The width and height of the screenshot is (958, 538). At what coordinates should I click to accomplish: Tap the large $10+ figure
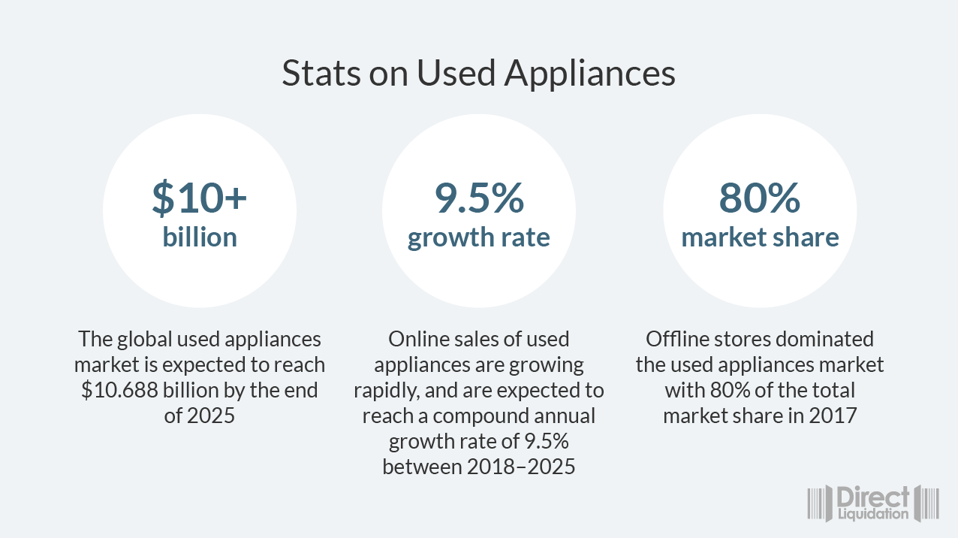point(200,197)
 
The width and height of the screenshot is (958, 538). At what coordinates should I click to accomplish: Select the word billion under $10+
point(200,237)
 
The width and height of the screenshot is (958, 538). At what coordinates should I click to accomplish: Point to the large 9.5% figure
point(479,197)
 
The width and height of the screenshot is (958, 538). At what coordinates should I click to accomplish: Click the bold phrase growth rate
point(479,237)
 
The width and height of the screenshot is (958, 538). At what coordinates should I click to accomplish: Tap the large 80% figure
point(760,197)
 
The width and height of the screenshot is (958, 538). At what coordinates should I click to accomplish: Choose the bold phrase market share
point(760,237)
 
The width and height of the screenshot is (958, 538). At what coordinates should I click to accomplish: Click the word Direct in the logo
point(873,497)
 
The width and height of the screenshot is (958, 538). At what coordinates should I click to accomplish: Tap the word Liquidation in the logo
point(873,514)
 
